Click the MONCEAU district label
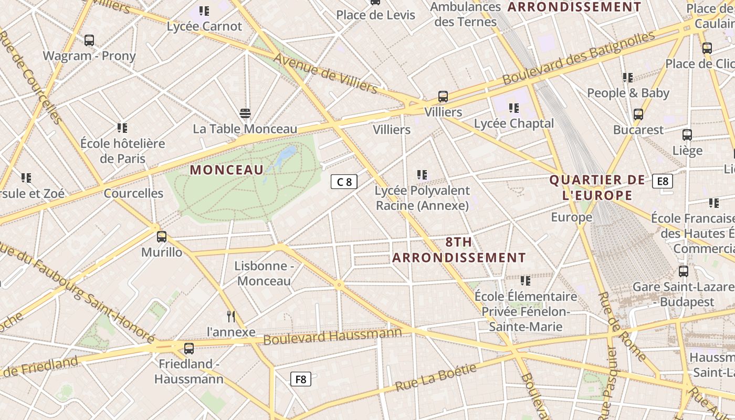tap(226, 170)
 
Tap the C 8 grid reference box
tap(344, 182)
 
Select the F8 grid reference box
tap(301, 379)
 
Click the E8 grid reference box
tap(663, 181)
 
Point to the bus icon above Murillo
tap(162, 237)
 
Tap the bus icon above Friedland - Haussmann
tap(189, 348)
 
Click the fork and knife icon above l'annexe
tap(230, 316)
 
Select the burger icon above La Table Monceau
tap(245, 113)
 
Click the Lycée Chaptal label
tap(513, 123)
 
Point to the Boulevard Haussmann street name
tap(332, 336)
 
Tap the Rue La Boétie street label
tap(435, 377)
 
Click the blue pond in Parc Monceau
tap(286, 154)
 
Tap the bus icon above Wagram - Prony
tap(89, 40)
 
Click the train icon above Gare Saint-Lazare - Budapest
tap(684, 271)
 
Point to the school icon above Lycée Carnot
tap(204, 10)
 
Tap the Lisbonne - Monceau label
tap(264, 274)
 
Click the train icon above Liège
tap(687, 135)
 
